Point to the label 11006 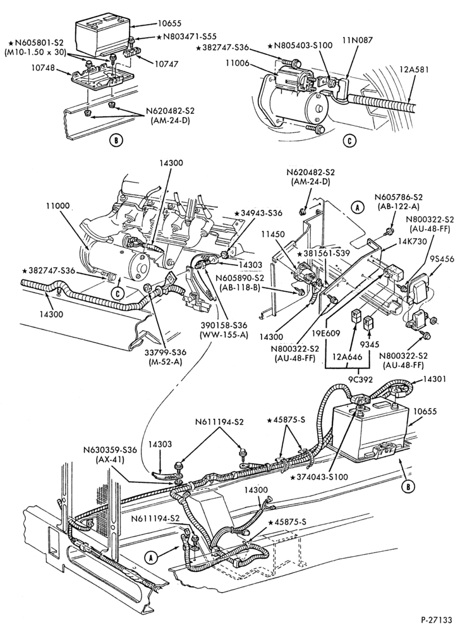pyautogui.click(x=238, y=63)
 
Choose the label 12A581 pyautogui.click(x=415, y=70)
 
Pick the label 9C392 pyautogui.click(x=358, y=379)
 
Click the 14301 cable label pyautogui.click(x=434, y=379)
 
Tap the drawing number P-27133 pyautogui.click(x=437, y=619)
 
